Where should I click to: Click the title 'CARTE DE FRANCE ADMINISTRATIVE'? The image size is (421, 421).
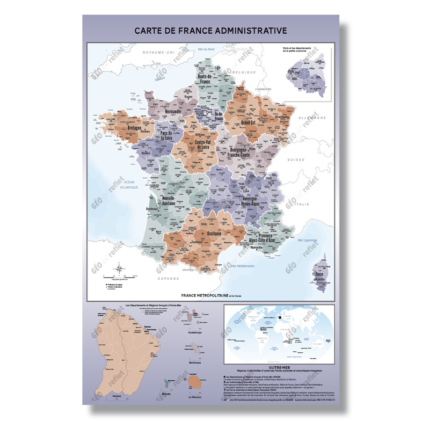click(x=210, y=30)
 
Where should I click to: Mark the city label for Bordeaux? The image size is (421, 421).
click(x=152, y=209)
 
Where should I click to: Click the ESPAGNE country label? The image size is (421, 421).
click(x=169, y=278)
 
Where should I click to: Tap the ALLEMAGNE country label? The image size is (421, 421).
click(x=314, y=118)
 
